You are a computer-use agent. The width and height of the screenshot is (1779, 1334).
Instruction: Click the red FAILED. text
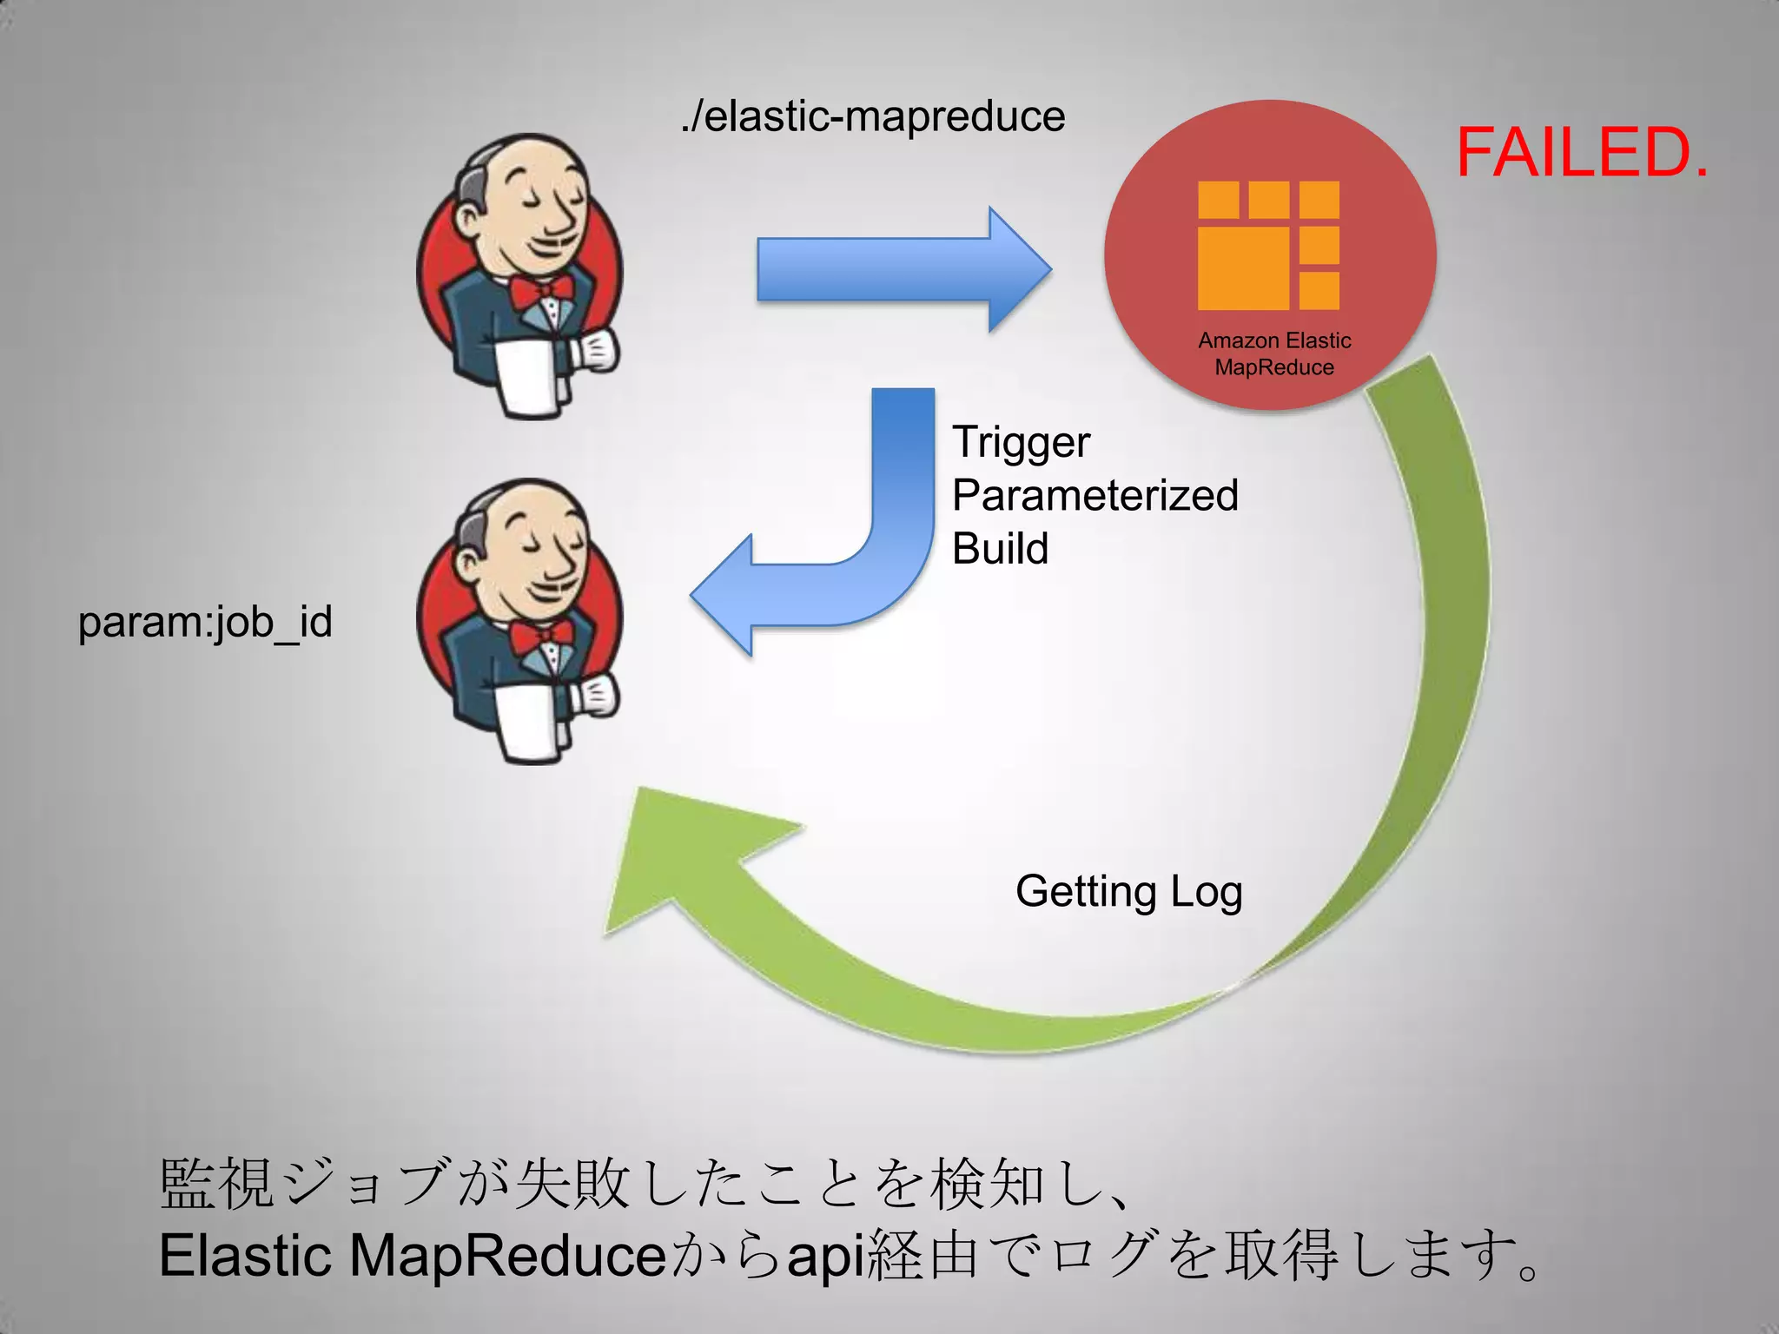click(x=1582, y=153)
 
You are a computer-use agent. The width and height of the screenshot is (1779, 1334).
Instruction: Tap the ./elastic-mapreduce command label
click(x=872, y=117)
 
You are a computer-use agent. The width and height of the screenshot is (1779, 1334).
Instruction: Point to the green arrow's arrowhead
click(x=686, y=860)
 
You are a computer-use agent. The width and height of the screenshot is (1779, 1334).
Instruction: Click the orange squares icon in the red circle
click(x=1268, y=246)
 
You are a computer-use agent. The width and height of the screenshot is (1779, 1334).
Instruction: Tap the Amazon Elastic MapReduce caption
click(x=1274, y=353)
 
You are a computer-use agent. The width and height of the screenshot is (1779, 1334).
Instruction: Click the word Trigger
click(x=1021, y=443)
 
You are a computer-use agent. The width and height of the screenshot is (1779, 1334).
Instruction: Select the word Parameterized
click(x=1095, y=496)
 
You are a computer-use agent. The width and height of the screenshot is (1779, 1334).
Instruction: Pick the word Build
click(x=1000, y=549)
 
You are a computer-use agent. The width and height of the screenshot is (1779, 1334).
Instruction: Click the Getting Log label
click(x=1128, y=892)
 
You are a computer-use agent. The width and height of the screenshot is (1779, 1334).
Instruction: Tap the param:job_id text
click(x=205, y=623)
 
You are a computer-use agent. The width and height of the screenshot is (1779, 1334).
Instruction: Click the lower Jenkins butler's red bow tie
click(x=540, y=637)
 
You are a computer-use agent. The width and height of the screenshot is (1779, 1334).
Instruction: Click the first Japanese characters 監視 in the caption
click(x=217, y=1185)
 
